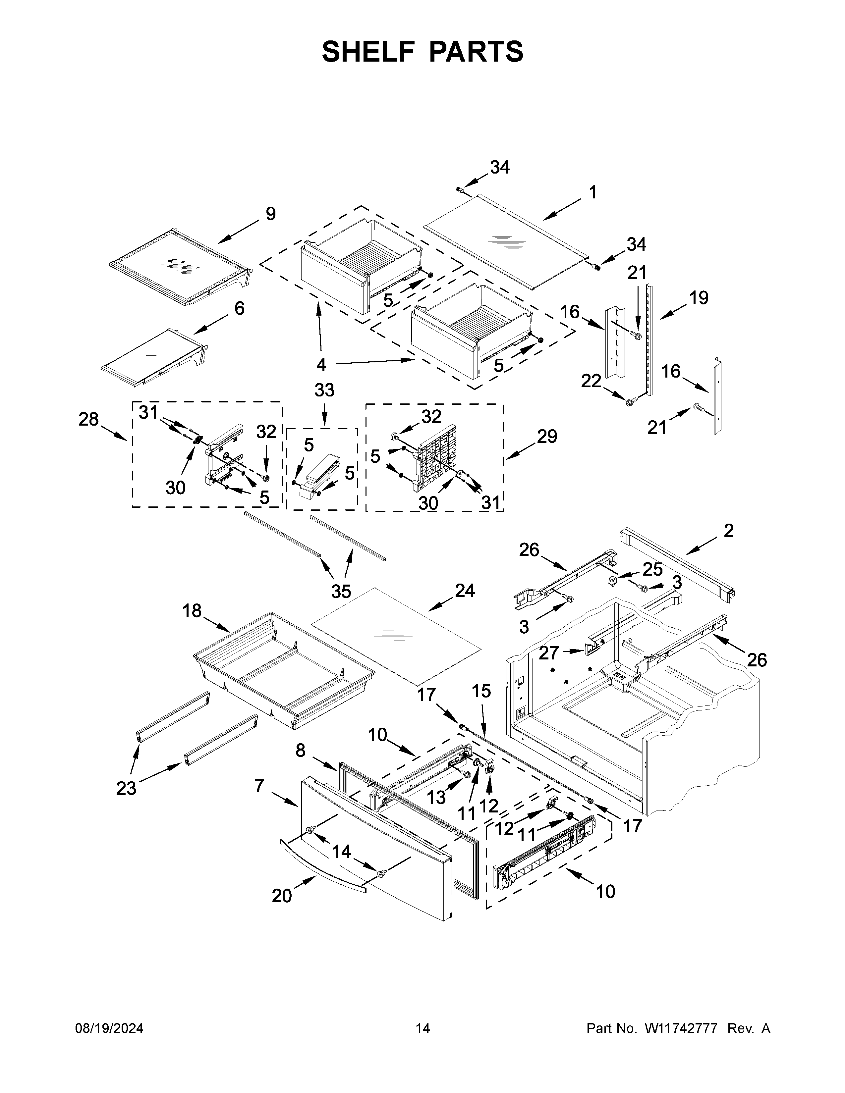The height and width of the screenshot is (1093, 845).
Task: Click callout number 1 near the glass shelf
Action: tap(593, 192)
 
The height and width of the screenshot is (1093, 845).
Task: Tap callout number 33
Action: tap(324, 390)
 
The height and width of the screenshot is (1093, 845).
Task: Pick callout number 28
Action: tap(88, 419)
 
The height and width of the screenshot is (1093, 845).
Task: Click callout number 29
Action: tap(547, 437)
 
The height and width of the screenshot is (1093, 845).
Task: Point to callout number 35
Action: tap(341, 592)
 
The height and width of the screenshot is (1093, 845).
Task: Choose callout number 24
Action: tap(465, 591)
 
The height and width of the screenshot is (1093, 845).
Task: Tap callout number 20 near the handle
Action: tap(282, 895)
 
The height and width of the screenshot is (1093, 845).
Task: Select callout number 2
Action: tap(728, 531)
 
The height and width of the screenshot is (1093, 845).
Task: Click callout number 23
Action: tap(126, 788)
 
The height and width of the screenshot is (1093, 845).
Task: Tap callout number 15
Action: tap(481, 691)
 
